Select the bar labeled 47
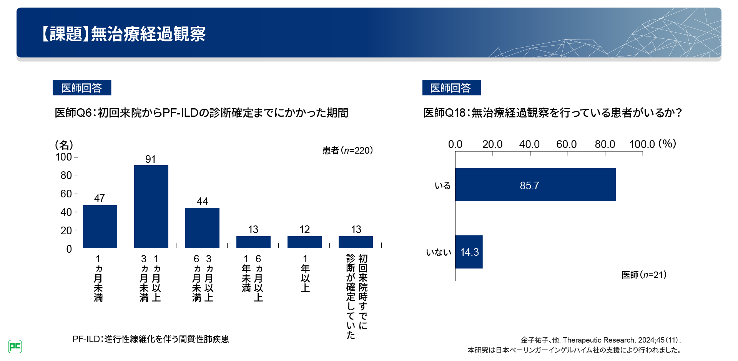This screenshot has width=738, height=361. (x=100, y=226)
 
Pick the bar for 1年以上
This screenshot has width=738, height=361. (x=304, y=242)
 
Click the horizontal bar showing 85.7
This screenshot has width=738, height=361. (x=535, y=185)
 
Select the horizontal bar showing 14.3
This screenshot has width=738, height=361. (x=469, y=252)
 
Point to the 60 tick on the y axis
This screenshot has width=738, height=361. (x=66, y=194)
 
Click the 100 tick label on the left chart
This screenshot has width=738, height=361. (x=64, y=157)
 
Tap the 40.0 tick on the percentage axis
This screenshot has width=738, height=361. (x=529, y=144)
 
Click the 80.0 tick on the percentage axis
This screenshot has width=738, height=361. (x=605, y=144)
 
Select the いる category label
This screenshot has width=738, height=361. (x=442, y=186)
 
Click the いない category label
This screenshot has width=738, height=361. (x=439, y=252)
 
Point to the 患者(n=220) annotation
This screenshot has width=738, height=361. (x=347, y=151)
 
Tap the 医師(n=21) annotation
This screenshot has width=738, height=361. (x=644, y=275)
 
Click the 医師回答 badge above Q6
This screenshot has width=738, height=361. (x=82, y=88)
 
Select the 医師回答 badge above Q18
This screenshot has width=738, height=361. (x=451, y=88)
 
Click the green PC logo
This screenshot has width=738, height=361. (x=15, y=346)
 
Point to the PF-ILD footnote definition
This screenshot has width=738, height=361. (x=151, y=339)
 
